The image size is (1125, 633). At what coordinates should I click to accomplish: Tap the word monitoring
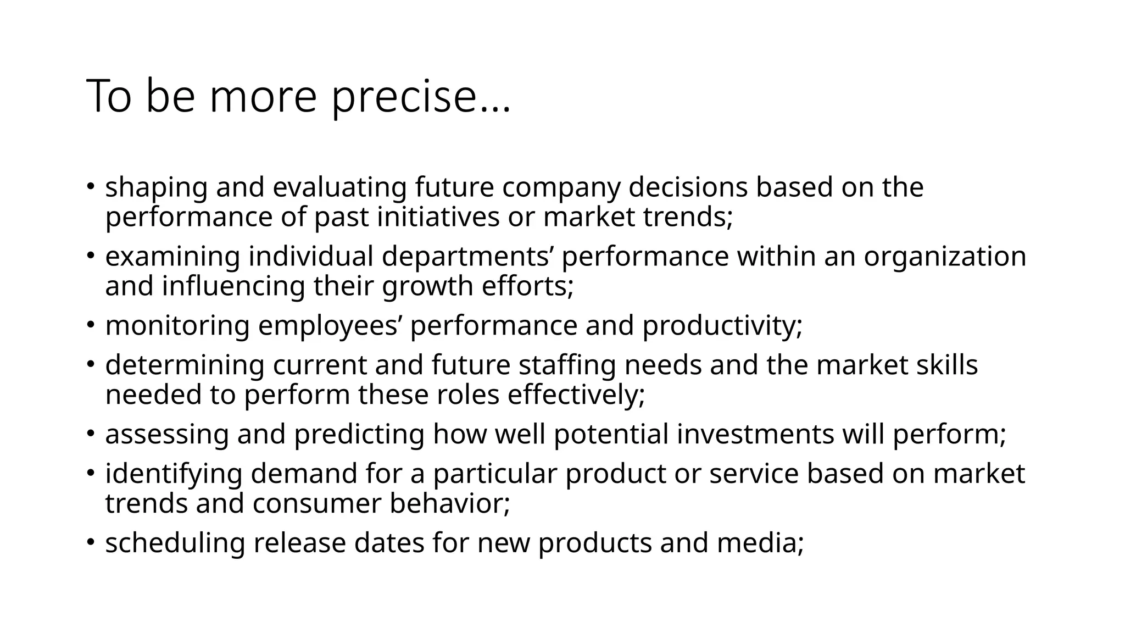tap(177, 326)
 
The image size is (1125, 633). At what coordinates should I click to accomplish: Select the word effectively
tap(576, 395)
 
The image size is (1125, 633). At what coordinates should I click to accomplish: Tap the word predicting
tap(359, 434)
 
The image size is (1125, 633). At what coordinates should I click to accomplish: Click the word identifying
tap(174, 474)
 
